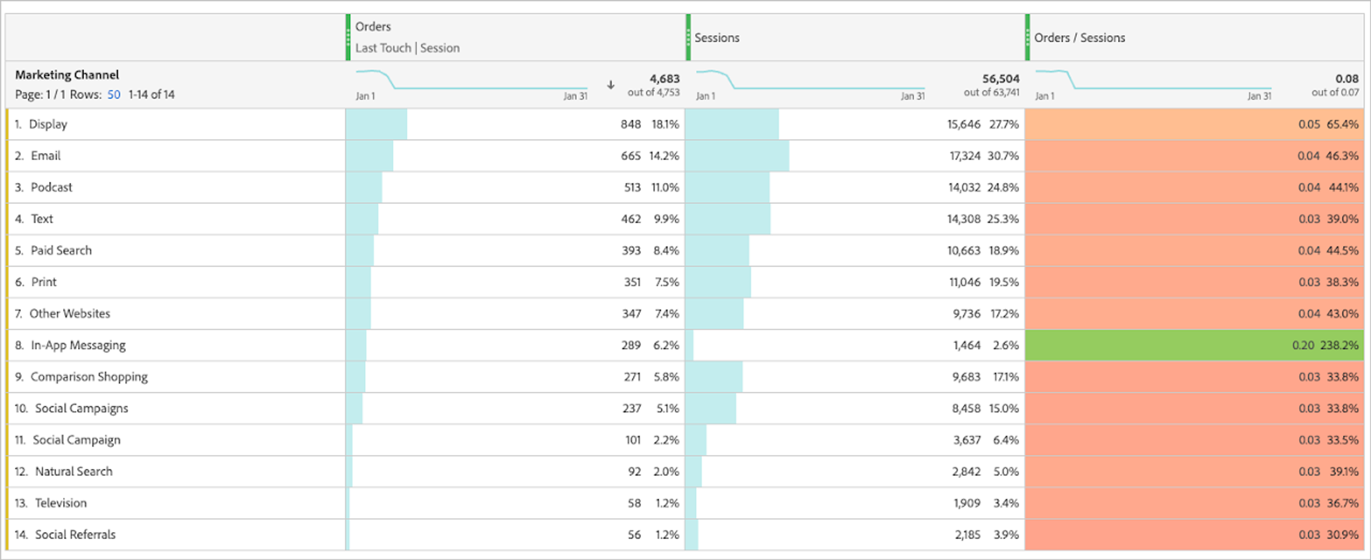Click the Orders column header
click(373, 27)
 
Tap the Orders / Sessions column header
click(1079, 38)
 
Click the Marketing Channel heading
click(67, 75)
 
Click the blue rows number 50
click(114, 95)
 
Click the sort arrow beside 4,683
click(611, 85)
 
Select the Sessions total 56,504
click(1000, 79)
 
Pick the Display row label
click(48, 125)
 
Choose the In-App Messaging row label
click(78, 345)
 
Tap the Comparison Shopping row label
click(89, 377)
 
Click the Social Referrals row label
click(75, 534)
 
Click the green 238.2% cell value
click(1339, 345)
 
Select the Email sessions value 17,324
click(964, 156)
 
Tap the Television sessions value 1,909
click(966, 503)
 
